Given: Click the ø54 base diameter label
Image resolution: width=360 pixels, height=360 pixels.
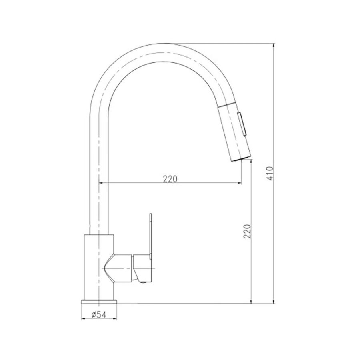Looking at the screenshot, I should pyautogui.click(x=98, y=315).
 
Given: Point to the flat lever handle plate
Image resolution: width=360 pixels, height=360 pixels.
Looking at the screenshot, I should pyautogui.click(x=151, y=240).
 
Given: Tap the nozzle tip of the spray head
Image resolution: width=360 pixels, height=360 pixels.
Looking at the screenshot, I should pyautogui.click(x=239, y=158).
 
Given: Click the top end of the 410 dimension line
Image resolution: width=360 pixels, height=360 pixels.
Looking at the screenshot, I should pyautogui.click(x=274, y=44).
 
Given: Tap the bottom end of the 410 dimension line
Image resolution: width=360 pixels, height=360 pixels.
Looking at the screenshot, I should pyautogui.click(x=274, y=303).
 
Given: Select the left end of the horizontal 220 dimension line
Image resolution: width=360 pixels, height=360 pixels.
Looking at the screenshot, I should pyautogui.click(x=99, y=183).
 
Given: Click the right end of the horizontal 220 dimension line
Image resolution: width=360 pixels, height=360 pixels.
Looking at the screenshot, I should pyautogui.click(x=242, y=183).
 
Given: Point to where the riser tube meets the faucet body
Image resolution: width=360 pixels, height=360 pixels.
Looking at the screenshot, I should pyautogui.click(x=99, y=235).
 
